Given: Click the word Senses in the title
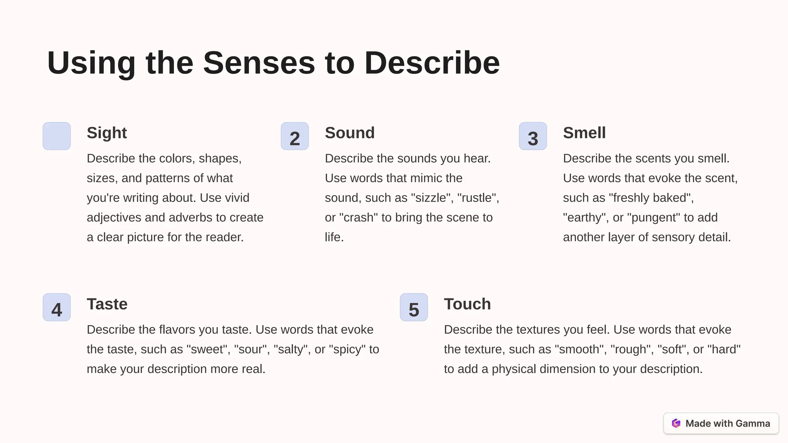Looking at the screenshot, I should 259,63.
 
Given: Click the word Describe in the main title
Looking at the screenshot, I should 432,63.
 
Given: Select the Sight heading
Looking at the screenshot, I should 107,133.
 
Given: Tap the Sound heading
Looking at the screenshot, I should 349,133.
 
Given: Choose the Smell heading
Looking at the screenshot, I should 584,133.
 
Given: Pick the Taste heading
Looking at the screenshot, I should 107,304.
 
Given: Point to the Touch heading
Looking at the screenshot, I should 467,304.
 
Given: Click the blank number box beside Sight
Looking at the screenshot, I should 57,136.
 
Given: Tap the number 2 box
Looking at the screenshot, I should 295,136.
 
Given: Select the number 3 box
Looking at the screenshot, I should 533,136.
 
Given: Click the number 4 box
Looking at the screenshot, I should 57,307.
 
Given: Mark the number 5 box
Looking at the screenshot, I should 414,307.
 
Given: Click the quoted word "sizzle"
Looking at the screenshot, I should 431,198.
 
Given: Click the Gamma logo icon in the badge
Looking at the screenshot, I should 676,423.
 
